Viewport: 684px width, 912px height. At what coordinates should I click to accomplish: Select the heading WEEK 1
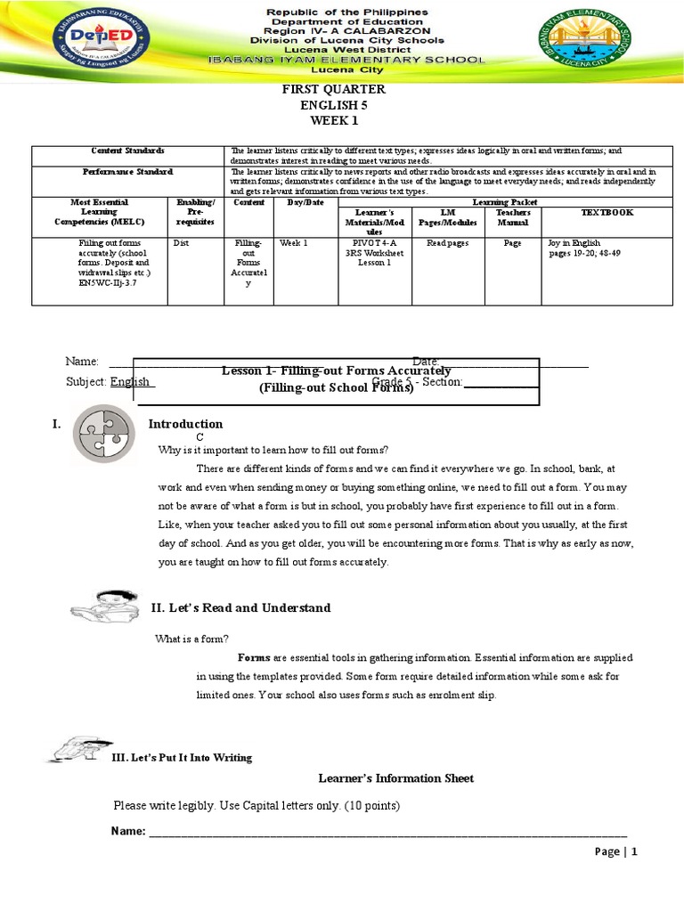tap(335, 120)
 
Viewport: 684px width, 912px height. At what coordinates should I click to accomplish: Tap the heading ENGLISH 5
tap(334, 105)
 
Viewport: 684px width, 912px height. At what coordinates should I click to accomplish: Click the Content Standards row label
tap(127, 151)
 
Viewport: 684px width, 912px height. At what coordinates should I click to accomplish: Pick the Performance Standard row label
tap(127, 171)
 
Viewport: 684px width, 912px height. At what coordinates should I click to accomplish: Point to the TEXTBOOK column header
tap(607, 213)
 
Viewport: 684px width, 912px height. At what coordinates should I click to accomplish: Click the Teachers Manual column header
tap(512, 217)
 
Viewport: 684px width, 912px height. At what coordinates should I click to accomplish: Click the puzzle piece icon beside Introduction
tap(104, 430)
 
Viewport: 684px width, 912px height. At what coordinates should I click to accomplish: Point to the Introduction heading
tap(185, 424)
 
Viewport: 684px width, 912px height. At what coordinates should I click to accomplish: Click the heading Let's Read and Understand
tap(240, 607)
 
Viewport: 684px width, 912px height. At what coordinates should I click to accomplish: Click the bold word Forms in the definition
tap(254, 657)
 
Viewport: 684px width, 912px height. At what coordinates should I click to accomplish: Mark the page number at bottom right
tap(616, 851)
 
